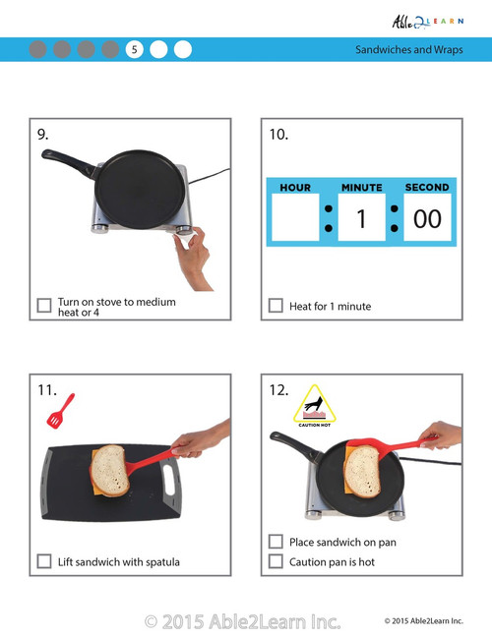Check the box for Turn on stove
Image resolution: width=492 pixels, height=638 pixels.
(x=44, y=306)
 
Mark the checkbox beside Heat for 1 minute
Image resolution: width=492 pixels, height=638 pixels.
(x=277, y=306)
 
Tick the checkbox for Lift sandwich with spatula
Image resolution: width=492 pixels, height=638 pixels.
(x=44, y=561)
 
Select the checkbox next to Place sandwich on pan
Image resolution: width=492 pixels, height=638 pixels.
(x=277, y=542)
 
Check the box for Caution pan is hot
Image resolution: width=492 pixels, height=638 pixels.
(x=277, y=561)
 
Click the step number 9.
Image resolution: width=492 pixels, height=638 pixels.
(x=43, y=135)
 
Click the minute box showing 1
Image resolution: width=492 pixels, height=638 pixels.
(x=361, y=218)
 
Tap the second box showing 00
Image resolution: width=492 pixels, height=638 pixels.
(x=427, y=218)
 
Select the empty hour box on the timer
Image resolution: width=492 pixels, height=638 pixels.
(x=295, y=218)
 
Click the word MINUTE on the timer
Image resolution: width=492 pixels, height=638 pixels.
(x=361, y=187)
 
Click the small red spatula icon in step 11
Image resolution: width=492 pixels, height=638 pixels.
(x=60, y=410)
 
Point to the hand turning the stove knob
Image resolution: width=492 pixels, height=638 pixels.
(x=193, y=253)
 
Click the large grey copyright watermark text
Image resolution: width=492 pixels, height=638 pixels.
(x=243, y=620)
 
